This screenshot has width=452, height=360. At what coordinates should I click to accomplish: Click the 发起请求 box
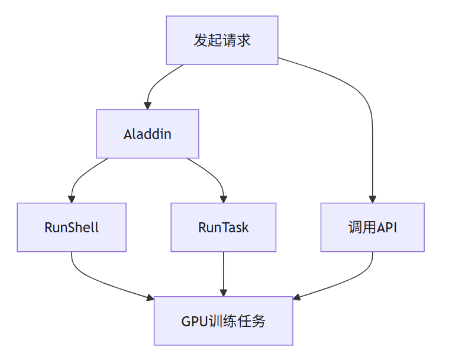coord(222,40)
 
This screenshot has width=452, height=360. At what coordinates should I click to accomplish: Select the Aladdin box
coord(147,134)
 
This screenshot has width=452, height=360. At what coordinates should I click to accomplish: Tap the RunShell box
coord(72,227)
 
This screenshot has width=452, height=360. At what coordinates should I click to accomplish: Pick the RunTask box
coord(223,227)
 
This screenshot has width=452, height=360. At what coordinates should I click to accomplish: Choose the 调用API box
coord(372,227)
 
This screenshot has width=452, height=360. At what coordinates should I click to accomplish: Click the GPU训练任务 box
coord(223,321)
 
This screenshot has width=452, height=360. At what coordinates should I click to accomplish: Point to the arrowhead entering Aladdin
coord(148,105)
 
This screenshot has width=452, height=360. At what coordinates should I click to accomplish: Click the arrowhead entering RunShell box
coord(72,199)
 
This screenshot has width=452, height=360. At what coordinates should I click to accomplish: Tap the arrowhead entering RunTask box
coord(223,199)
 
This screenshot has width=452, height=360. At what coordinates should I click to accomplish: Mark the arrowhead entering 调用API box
coord(373,199)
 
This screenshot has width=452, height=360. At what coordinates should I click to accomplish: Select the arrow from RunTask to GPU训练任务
coord(223,272)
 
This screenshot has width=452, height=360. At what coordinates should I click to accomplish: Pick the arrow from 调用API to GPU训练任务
coord(349,281)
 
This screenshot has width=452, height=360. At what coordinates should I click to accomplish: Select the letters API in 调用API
coord(386,228)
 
